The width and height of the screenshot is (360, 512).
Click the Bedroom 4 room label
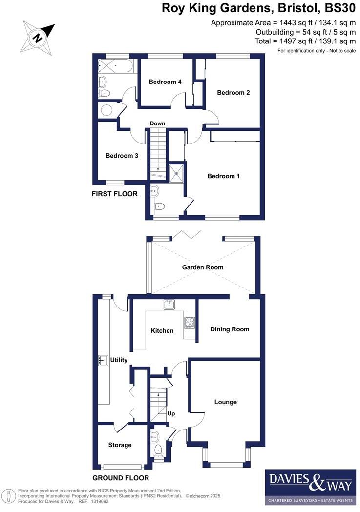165,82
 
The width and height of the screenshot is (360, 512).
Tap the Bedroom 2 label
233,93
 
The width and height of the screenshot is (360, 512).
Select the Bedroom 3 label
122,156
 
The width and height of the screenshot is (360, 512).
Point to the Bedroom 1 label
223,176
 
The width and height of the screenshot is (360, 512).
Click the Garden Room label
203,267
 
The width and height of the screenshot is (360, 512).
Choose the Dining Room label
230,329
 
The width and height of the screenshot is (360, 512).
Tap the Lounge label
225,402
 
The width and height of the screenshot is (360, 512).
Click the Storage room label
120,445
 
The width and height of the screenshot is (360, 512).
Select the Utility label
119,360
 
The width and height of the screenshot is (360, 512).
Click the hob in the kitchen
189,322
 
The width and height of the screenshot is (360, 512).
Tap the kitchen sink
169,305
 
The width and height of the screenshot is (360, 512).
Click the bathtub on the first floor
115,66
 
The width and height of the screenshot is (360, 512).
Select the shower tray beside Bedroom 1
175,173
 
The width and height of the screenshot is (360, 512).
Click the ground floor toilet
157,450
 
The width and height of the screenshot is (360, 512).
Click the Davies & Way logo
310,487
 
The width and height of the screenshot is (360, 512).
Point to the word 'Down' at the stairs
157,123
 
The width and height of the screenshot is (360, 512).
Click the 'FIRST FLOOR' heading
115,194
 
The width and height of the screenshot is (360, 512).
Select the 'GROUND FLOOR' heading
121,478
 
